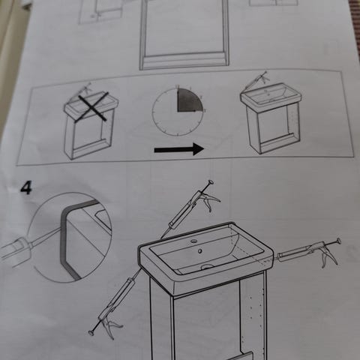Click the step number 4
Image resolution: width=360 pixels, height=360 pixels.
[x=26, y=187]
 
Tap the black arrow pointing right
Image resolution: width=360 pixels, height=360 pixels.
[x=179, y=149]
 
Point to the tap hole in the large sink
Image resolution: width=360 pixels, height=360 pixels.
[x=193, y=241]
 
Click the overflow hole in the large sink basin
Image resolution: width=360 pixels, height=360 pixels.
[x=199, y=250]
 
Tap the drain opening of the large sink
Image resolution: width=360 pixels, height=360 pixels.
[x=207, y=267]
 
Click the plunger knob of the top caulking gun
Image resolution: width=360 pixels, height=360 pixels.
[x=211, y=182]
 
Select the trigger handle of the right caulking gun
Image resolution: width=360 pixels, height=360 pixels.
[x=329, y=258]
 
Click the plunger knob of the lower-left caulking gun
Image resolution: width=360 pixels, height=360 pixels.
[x=91, y=332]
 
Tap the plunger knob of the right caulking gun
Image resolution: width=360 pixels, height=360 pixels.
[x=338, y=241]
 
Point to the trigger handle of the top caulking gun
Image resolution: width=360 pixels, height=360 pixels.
[x=211, y=201]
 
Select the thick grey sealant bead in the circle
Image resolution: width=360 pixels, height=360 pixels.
[x=65, y=240]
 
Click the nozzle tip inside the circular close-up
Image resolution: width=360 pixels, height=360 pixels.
[x=59, y=229]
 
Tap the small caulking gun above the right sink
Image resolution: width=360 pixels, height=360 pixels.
[x=256, y=79]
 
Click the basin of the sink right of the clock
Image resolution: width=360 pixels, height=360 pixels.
[x=268, y=95]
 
